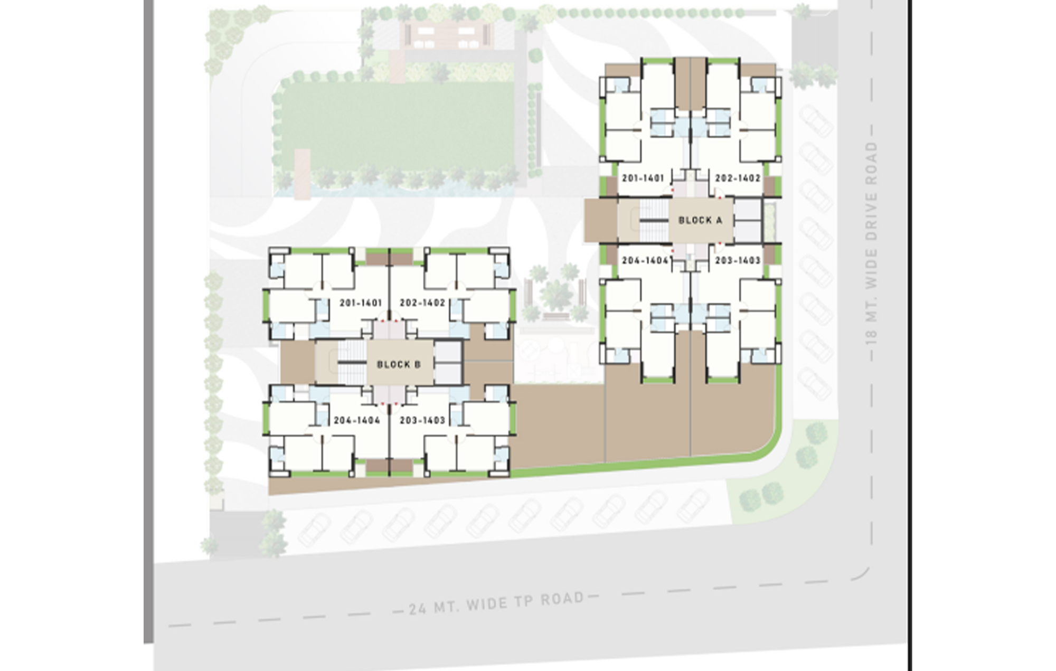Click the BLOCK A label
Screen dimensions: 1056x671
coord(700,220)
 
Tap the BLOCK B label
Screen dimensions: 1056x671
coord(399,364)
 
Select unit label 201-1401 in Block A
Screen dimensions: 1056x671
coord(643,178)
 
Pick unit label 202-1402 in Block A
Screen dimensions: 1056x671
coord(738,178)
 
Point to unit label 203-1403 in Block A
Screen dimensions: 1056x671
coord(738,260)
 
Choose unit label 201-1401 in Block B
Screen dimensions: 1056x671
coord(361,303)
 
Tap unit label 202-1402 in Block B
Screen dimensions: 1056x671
coord(422,303)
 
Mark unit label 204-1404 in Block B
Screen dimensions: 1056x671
coord(357,420)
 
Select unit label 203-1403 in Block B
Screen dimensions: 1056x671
coord(422,420)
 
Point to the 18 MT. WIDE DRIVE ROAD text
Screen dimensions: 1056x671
coord(872,243)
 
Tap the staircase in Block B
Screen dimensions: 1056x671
coord(352,362)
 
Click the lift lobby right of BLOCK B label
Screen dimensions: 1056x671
coord(448,362)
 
